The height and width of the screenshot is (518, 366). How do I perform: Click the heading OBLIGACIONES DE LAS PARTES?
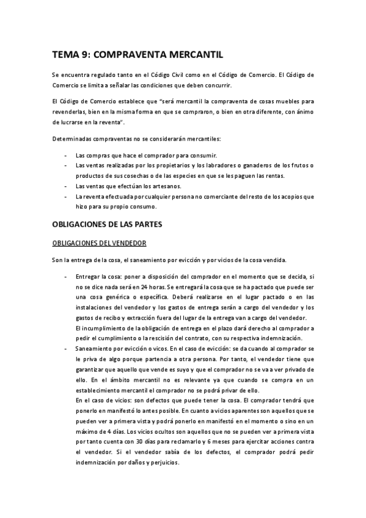click(x=107, y=224)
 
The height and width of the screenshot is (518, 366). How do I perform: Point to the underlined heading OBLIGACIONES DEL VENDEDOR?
click(x=99, y=243)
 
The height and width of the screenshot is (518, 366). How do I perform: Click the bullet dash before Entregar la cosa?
click(x=65, y=277)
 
